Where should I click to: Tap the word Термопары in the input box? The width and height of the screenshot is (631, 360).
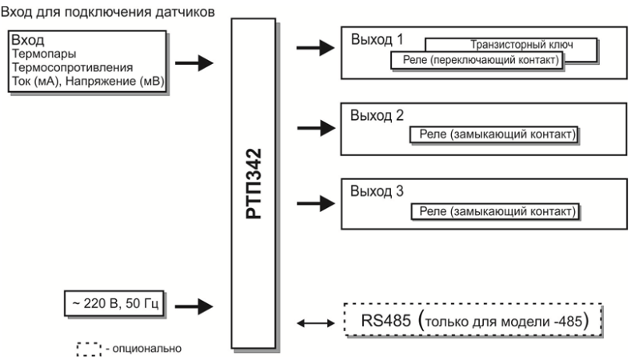click(38, 55)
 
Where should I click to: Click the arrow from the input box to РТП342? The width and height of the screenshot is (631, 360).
click(194, 62)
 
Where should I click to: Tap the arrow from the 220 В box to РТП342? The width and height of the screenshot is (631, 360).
click(194, 304)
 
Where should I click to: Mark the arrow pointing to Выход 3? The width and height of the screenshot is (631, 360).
click(314, 202)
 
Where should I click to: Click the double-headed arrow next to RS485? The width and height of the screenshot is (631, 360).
click(314, 322)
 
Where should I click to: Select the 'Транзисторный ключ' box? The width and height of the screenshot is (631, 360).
click(512, 45)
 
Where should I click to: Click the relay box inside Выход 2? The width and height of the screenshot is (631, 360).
click(495, 135)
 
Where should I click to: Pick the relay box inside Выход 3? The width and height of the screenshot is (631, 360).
click(495, 212)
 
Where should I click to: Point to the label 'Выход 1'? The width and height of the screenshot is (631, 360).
click(376, 40)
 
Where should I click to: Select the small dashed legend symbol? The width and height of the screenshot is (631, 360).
click(83, 348)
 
